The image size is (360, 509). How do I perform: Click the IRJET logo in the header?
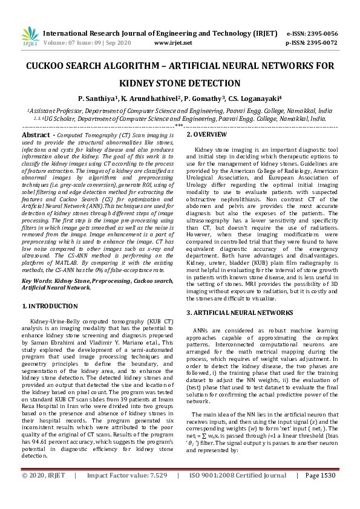coord(29,37)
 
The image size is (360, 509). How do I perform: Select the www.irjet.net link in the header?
coord(173,43)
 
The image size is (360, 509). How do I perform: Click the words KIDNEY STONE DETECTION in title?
coord(180,83)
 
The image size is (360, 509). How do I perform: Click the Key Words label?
coord(38,281)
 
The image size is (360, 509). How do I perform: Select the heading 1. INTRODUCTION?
coord(53,306)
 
